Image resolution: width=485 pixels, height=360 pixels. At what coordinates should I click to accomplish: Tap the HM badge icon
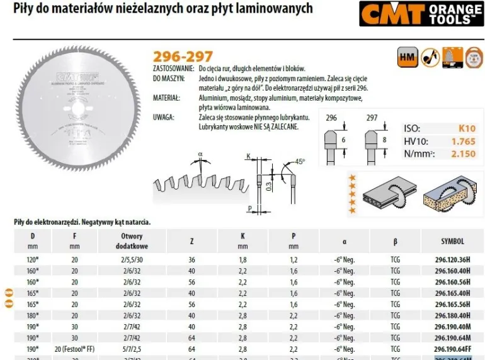407,58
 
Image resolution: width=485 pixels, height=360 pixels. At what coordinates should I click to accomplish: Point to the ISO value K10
467,128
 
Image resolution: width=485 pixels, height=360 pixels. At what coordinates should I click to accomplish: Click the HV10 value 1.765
463,142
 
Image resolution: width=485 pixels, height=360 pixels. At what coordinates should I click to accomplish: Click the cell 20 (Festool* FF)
75,349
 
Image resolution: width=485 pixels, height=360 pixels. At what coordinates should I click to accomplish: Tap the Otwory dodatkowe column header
132,241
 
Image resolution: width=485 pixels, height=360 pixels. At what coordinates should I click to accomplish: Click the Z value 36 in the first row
192,259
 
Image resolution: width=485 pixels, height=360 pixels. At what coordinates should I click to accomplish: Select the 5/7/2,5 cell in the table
132,349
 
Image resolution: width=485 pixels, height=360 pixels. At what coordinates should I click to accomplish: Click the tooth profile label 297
372,118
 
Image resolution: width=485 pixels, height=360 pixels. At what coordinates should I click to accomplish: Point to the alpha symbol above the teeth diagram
200,154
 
